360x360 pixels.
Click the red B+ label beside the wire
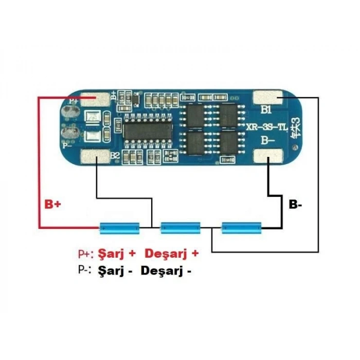[52, 204]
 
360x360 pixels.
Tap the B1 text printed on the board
[266, 109]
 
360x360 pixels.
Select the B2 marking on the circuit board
[115, 156]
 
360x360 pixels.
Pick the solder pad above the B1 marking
[267, 96]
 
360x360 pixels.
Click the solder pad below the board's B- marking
[268, 156]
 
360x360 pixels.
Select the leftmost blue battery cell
[119, 227]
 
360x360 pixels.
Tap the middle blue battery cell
[180, 227]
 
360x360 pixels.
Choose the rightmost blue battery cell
[242, 227]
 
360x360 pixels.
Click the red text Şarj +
[117, 254]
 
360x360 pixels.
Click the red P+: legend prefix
[85, 254]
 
